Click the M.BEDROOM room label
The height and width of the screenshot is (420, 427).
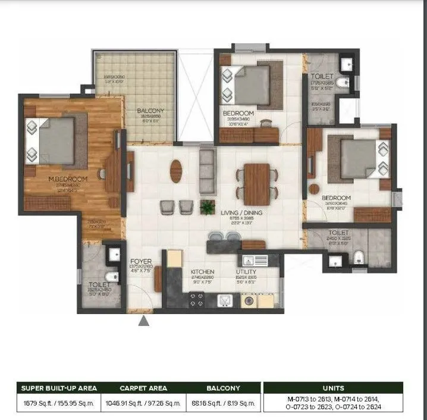pos(68,178)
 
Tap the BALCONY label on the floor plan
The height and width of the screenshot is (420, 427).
pos(150,111)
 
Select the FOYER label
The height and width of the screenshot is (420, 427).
pos(141,261)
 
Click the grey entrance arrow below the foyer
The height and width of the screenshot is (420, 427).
pos(143,322)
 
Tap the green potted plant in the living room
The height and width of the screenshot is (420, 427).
pos(208,206)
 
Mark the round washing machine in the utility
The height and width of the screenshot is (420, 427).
pos(248,301)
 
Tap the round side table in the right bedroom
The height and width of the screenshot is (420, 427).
pos(313,189)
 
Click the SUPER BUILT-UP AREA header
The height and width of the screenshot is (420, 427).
pos(59,388)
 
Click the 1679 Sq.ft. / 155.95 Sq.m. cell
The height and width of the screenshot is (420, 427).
pos(59,403)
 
